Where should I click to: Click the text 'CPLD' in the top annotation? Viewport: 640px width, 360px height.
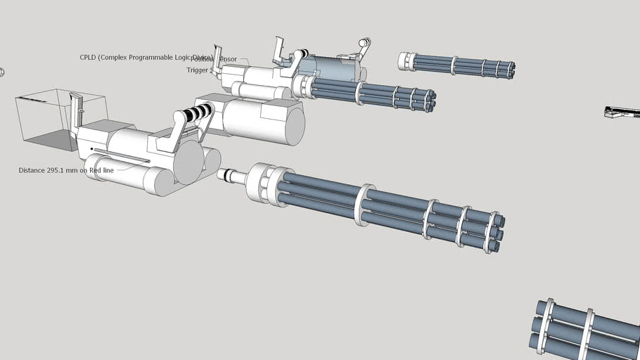(x=89, y=58)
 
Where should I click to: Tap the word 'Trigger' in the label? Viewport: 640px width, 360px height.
(x=198, y=70)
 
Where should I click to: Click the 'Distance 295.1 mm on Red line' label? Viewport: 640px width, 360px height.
(x=66, y=170)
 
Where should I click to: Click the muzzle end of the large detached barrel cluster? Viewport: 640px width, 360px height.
(x=495, y=232)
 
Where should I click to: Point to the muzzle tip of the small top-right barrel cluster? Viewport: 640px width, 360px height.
(x=510, y=70)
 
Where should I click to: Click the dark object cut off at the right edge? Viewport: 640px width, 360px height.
(x=623, y=112)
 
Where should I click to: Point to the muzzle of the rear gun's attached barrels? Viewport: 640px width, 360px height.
(x=429, y=100)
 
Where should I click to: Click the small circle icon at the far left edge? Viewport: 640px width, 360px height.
(x=2, y=72)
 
